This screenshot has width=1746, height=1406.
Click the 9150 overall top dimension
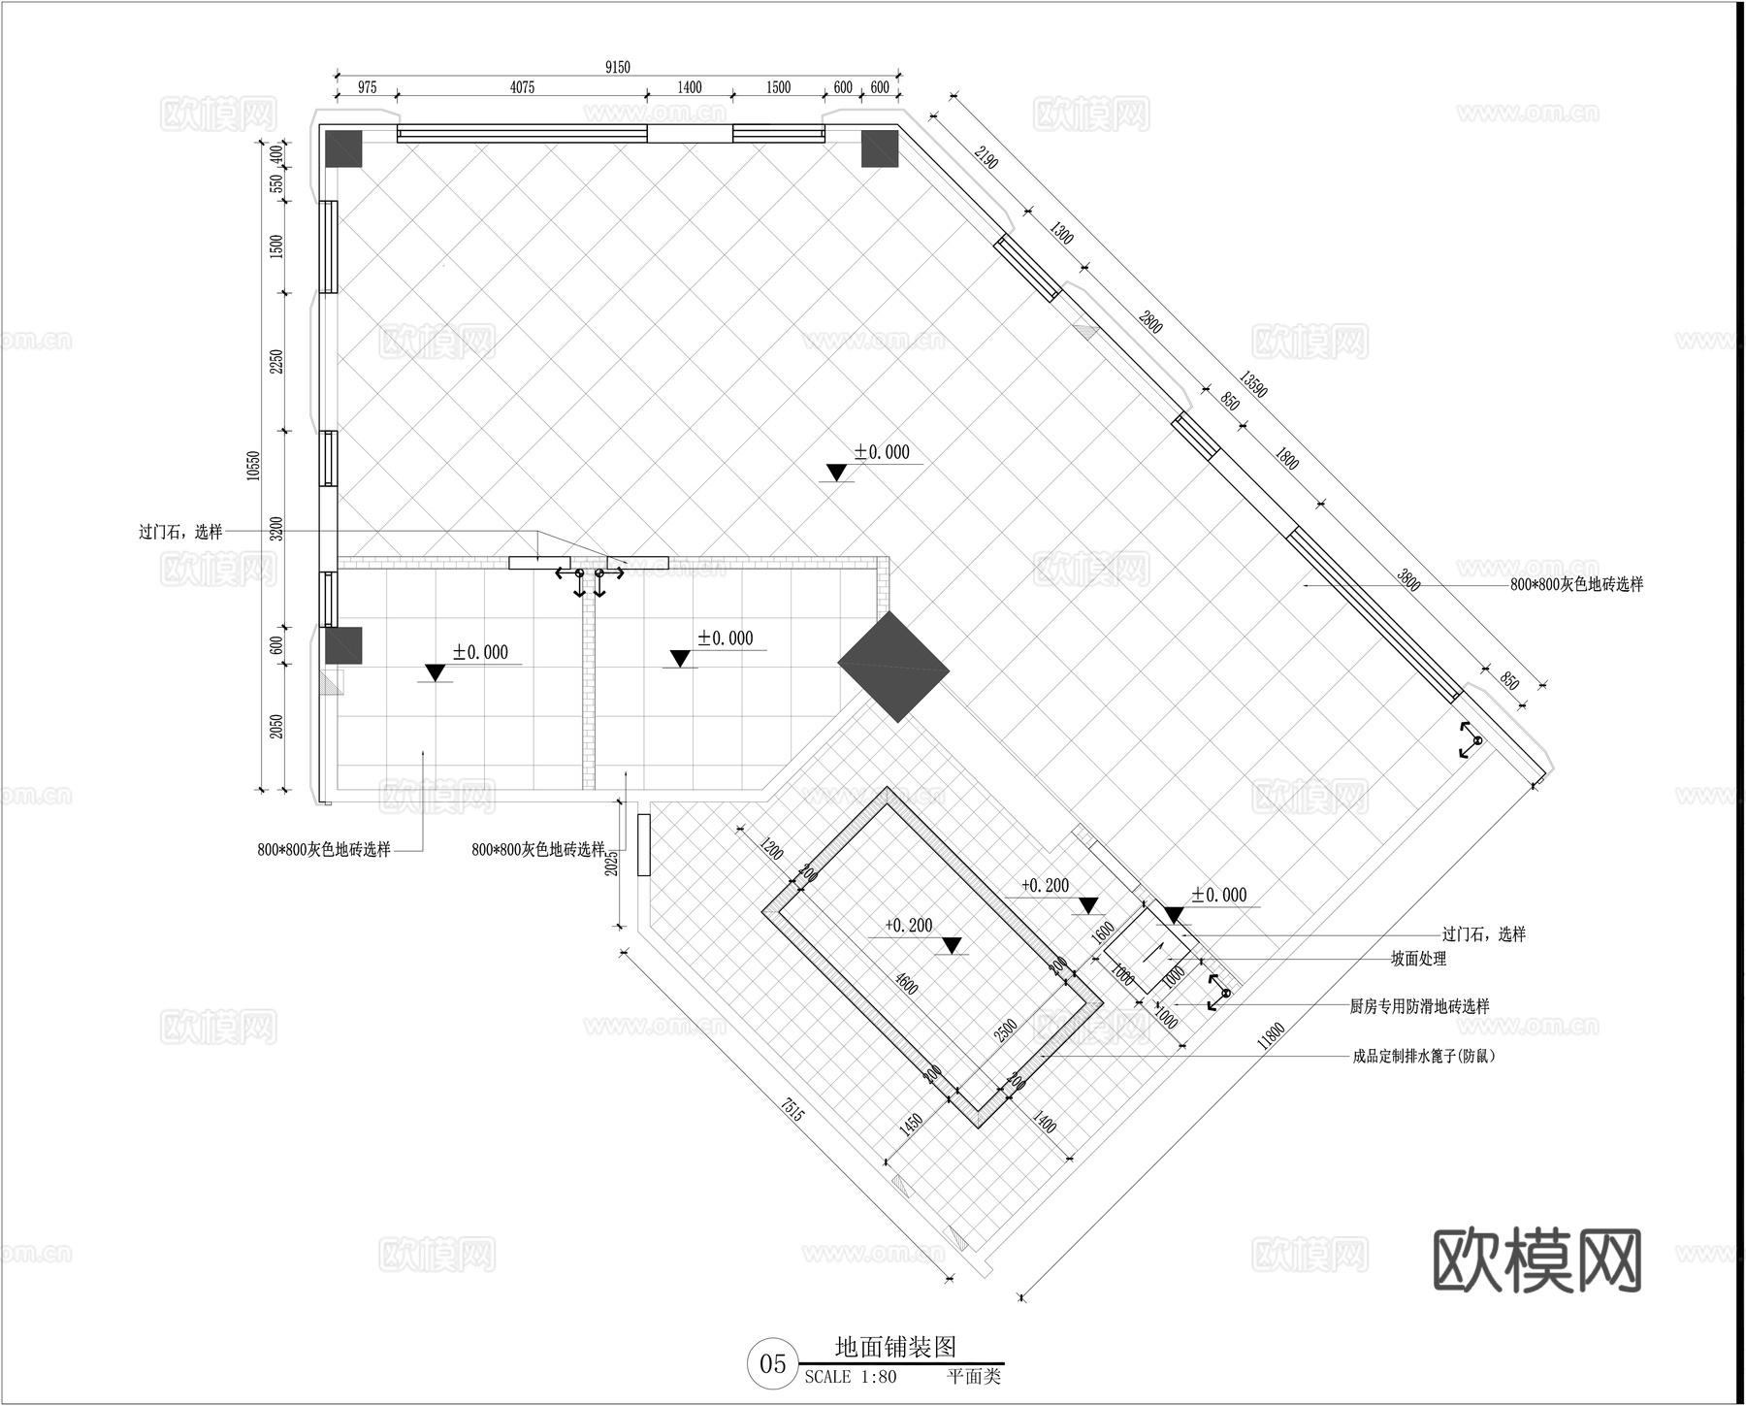pyautogui.click(x=617, y=67)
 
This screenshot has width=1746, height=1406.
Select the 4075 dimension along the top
pyautogui.click(x=522, y=87)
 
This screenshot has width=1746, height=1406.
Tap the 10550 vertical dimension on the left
pyautogui.click(x=254, y=465)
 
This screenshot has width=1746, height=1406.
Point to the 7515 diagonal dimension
pyautogui.click(x=792, y=1110)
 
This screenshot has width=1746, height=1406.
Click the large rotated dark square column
pyautogui.click(x=892, y=667)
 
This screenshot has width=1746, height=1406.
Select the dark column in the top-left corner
pyautogui.click(x=342, y=149)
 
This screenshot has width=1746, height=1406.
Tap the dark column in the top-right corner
pyautogui.click(x=880, y=149)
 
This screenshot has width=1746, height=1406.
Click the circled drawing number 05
pyautogui.click(x=772, y=1364)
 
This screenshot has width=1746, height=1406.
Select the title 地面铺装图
pyautogui.click(x=895, y=1347)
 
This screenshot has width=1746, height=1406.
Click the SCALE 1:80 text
pyautogui.click(x=851, y=1377)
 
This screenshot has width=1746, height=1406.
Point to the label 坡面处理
pyautogui.click(x=1418, y=959)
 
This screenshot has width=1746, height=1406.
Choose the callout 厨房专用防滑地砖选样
pyautogui.click(x=1419, y=1007)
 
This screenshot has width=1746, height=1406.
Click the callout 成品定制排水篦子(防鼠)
pyautogui.click(x=1424, y=1056)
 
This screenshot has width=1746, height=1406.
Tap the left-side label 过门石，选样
pyautogui.click(x=180, y=532)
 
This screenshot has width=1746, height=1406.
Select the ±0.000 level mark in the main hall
pyautogui.click(x=882, y=452)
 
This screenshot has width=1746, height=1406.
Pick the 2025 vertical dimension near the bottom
pyautogui.click(x=611, y=860)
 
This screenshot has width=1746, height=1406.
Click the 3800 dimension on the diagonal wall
pyautogui.click(x=1408, y=580)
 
